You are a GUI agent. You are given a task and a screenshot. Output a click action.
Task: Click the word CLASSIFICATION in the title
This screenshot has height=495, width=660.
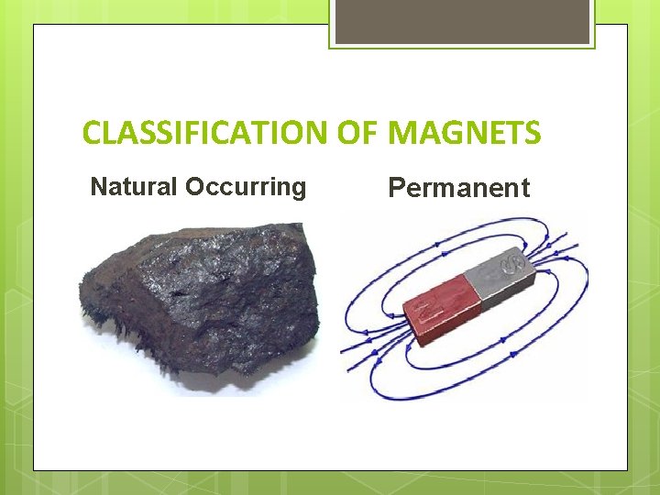click(203, 134)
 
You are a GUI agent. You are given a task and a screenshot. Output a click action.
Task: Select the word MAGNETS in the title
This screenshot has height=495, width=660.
click(465, 134)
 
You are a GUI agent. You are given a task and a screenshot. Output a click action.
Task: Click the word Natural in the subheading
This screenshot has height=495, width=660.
click(134, 187)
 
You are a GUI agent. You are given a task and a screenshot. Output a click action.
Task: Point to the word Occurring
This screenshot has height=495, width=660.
click(245, 187)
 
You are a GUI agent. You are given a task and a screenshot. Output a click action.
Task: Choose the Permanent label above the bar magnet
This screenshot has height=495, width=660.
click(458, 188)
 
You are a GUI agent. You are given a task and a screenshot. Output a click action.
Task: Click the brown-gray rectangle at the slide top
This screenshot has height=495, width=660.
click(462, 21)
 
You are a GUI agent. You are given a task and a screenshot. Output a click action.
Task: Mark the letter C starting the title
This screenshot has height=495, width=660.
click(92, 134)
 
